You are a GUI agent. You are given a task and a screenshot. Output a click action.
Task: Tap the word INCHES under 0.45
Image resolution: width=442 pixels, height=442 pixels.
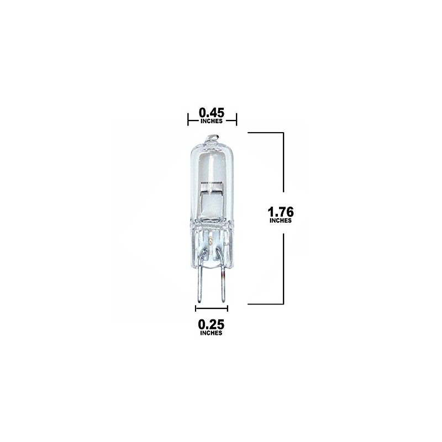point(212,122)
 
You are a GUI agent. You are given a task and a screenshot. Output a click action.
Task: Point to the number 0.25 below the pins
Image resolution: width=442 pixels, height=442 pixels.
point(211,324)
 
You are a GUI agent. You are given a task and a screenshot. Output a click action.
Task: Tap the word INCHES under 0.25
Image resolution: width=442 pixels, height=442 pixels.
point(212,334)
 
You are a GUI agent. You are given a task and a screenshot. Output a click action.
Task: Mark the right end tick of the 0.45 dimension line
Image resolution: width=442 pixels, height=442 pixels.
point(236,118)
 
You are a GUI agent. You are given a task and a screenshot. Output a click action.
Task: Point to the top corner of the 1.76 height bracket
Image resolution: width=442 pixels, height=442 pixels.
point(283,133)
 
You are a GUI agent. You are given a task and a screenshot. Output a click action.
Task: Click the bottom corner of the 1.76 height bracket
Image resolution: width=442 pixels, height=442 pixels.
point(283,304)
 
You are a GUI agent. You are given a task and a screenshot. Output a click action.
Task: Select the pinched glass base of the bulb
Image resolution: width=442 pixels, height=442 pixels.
point(212,243)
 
